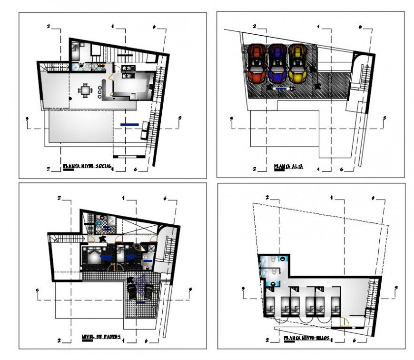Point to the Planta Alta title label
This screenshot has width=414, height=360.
pos(289,167)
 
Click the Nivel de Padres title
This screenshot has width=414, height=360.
pos(100,337)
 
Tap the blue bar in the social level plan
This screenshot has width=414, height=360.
pos(129,125)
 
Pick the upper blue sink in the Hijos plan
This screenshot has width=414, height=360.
pos(283,259)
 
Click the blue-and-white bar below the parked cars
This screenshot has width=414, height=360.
pos(281,89)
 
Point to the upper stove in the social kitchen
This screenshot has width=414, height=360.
pos(128,69)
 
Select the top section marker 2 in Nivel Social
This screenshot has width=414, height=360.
pos(49,27)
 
